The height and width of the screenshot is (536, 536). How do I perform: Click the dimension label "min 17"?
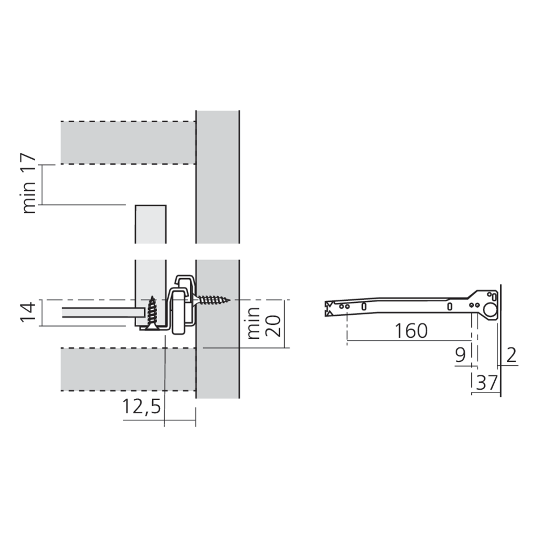(x=29, y=184)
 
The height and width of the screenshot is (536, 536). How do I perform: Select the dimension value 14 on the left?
(x=28, y=311)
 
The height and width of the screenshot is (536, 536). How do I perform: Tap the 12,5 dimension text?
(x=142, y=407)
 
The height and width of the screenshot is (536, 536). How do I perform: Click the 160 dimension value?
(x=411, y=331)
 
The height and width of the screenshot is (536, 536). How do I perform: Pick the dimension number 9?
(x=460, y=355)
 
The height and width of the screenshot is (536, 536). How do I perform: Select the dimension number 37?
(x=487, y=383)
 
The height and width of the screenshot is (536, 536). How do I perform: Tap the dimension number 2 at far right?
(x=511, y=355)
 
